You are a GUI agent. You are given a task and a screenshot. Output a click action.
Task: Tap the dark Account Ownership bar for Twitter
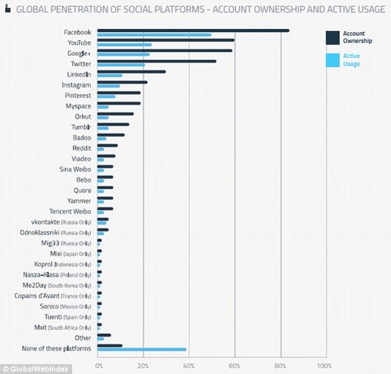click(x=157, y=60)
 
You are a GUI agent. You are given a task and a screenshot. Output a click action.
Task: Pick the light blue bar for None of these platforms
click(x=142, y=349)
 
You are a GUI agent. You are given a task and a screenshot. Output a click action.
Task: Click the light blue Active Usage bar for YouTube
click(x=125, y=44)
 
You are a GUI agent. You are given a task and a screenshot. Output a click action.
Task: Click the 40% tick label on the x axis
click(x=189, y=365)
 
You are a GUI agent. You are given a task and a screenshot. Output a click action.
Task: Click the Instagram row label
click(x=76, y=85)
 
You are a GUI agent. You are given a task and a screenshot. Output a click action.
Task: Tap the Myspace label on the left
click(x=77, y=106)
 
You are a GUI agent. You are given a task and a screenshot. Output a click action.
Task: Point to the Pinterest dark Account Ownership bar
click(x=119, y=93)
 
